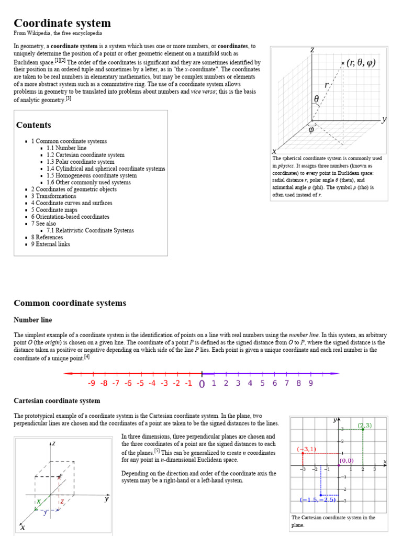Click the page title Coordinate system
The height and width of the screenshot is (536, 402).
click(62, 23)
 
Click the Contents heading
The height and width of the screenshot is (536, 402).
click(33, 125)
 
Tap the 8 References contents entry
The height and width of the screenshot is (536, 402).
click(47, 237)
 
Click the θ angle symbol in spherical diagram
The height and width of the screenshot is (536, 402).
click(316, 99)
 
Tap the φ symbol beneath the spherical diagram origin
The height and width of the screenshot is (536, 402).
click(311, 130)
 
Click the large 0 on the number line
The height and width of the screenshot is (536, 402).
click(202, 384)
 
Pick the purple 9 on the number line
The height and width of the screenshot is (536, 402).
click(310, 383)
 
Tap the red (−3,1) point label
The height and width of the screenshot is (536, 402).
click(306, 449)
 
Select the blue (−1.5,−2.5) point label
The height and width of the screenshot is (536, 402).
click(318, 499)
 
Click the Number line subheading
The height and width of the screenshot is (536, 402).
click(32, 320)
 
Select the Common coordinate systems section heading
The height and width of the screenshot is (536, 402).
click(70, 303)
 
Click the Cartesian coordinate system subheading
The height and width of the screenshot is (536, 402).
click(57, 401)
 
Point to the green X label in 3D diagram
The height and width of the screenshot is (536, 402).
click(39, 501)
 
